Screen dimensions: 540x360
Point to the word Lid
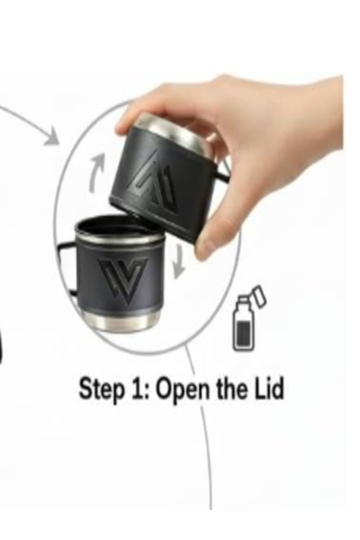click(x=267, y=389)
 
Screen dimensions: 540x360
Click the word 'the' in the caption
click(x=230, y=389)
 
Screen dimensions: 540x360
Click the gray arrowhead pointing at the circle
click(x=51, y=137)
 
